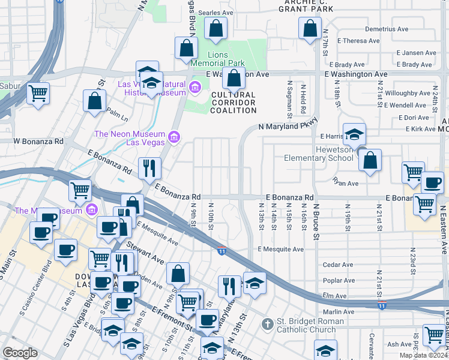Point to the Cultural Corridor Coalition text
coord(234,103)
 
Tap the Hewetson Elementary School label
coord(318,154)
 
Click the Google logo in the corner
coord(20,353)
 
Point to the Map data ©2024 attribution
coord(422,355)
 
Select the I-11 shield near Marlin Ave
coord(382,306)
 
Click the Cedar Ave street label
coord(338,265)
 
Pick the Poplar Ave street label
coord(339,280)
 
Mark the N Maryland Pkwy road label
coord(286,127)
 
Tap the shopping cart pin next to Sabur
coord(38,93)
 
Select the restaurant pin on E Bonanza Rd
coord(149,167)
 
